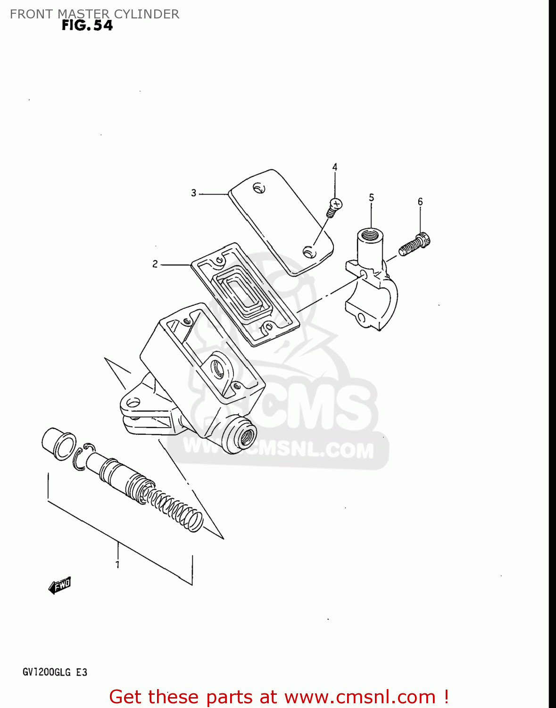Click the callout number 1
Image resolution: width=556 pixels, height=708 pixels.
[117, 565]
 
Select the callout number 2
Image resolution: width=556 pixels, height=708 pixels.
[155, 264]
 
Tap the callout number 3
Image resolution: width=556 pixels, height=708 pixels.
[193, 193]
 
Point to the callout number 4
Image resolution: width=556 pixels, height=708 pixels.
[335, 167]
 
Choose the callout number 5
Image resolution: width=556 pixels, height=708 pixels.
[372, 197]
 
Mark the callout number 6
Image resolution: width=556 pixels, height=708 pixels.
[420, 202]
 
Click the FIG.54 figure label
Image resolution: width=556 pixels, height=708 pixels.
[87, 25]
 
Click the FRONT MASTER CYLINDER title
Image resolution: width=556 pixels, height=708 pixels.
[94, 14]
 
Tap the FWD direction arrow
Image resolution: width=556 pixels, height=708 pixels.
[60, 586]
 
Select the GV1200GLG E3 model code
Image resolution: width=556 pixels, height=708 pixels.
[55, 672]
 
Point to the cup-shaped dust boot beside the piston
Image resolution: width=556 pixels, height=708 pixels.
[58, 441]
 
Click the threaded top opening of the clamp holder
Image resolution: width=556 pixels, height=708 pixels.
[370, 234]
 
